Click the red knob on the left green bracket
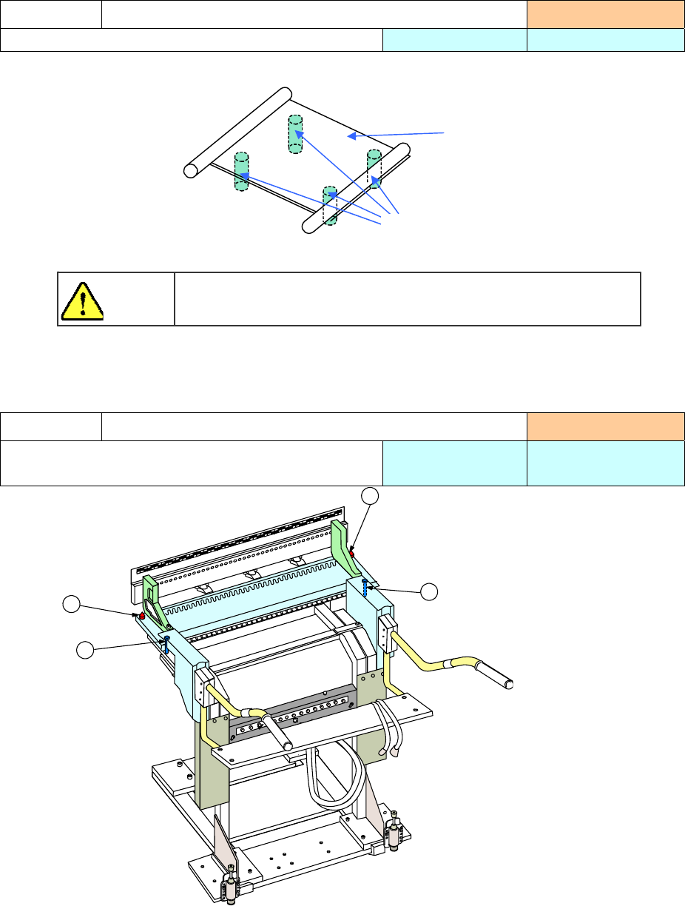(142, 615)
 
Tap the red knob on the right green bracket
(352, 553)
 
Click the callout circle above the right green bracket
(369, 497)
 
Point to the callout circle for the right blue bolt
(428, 591)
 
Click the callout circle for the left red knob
(71, 604)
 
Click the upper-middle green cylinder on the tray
(295, 134)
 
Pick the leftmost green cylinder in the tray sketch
(241, 172)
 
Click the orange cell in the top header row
(605, 15)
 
